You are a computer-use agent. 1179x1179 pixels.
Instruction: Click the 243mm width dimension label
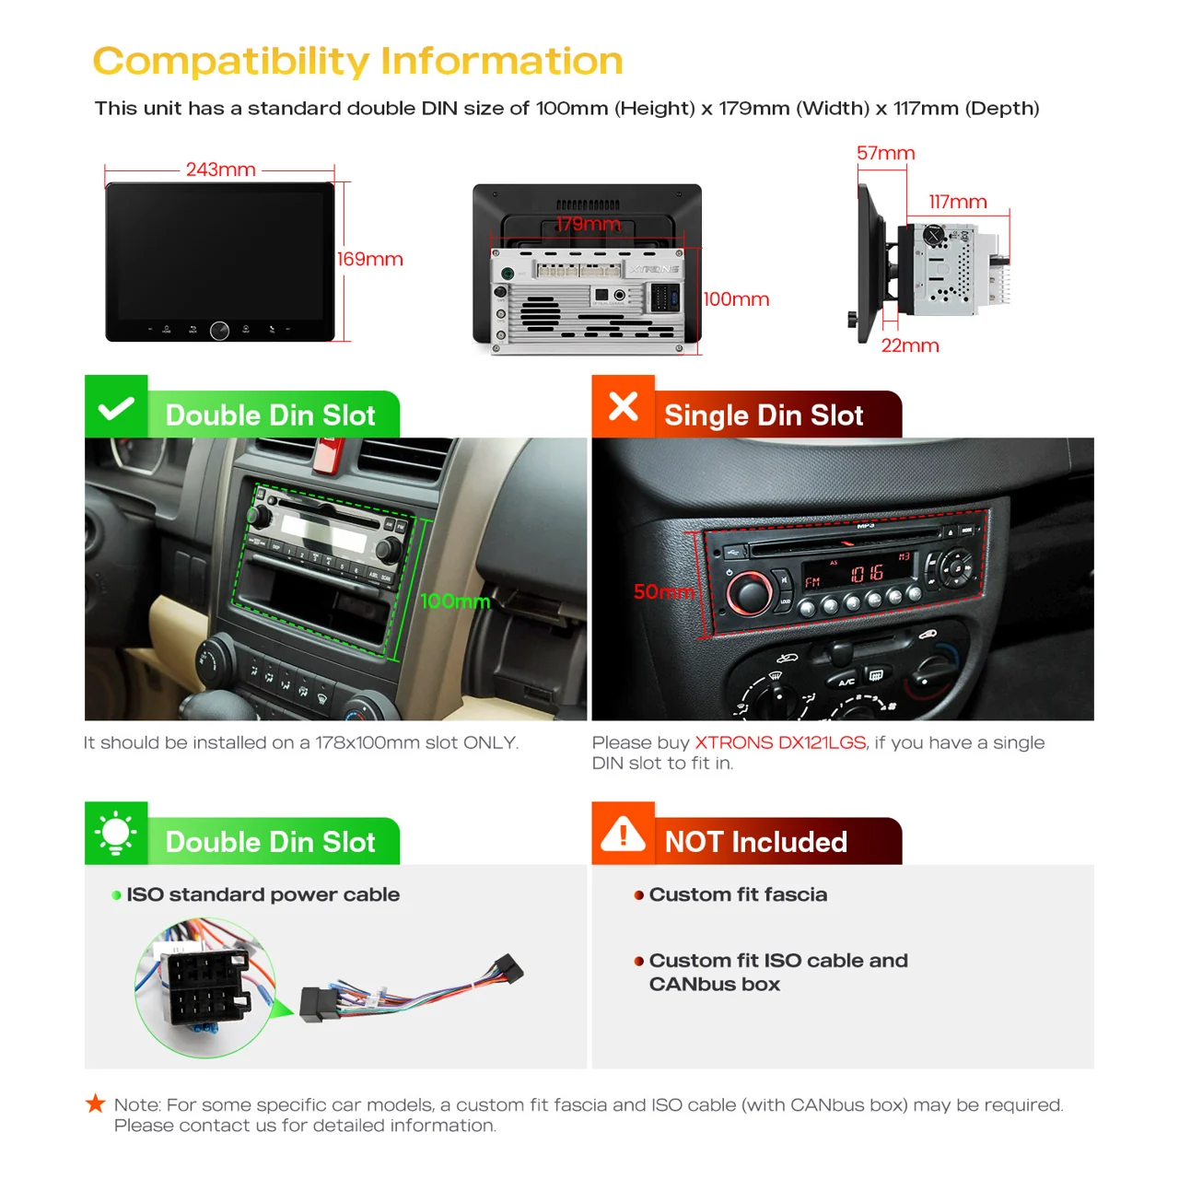[220, 169]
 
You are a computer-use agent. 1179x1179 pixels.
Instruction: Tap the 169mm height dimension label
[369, 259]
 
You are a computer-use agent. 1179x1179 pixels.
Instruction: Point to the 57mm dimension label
[885, 153]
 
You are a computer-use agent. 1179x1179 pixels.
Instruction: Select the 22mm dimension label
[910, 345]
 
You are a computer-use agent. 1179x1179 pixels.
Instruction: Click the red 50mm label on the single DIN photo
[664, 591]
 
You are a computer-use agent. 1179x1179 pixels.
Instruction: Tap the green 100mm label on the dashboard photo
[455, 601]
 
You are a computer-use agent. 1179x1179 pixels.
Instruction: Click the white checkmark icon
[116, 408]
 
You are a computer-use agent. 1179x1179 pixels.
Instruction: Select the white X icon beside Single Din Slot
[623, 406]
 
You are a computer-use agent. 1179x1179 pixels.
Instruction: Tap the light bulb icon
[116, 832]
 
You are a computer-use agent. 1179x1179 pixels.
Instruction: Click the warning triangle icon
[623, 834]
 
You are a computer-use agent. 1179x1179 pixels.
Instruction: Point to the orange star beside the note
[96, 1103]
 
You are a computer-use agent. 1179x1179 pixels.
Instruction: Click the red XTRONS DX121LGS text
[780, 742]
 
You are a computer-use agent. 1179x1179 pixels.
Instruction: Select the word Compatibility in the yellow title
[231, 61]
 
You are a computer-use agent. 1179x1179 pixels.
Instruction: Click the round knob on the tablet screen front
[219, 331]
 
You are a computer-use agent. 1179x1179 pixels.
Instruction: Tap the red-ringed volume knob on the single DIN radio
[750, 592]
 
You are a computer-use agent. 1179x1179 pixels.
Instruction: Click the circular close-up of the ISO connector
[205, 986]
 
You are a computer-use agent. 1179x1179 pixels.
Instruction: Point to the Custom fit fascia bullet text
[738, 893]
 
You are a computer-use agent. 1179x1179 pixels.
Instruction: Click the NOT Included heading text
[755, 841]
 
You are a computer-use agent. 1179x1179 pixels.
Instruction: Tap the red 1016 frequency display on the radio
[867, 573]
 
